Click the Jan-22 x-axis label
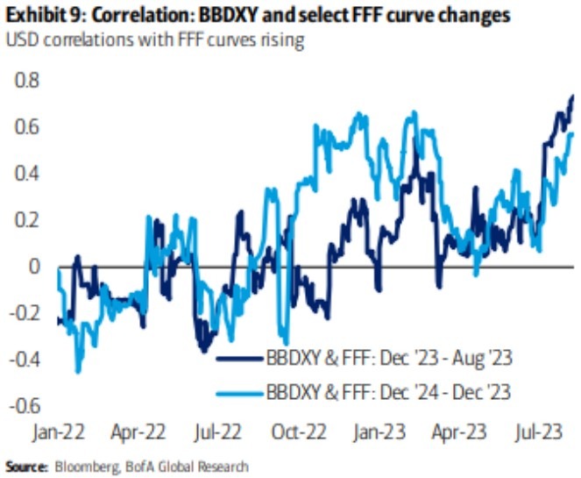59,432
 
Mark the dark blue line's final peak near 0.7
572,96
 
